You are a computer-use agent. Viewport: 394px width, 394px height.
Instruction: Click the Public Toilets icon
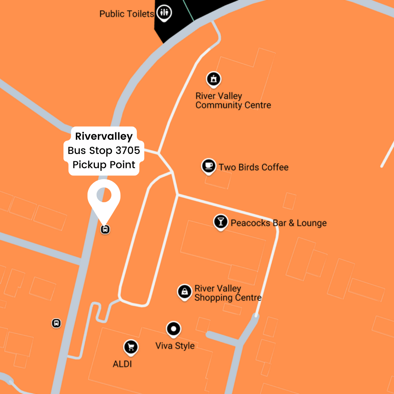point(164,13)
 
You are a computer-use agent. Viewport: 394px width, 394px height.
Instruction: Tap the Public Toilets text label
point(127,14)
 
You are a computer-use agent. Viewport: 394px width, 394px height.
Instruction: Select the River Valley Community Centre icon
point(213,79)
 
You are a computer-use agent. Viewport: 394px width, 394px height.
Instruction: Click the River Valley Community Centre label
point(233,101)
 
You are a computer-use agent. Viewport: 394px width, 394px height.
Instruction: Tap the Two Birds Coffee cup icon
point(208,166)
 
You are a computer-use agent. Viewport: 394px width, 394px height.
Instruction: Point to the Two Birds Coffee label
point(254,167)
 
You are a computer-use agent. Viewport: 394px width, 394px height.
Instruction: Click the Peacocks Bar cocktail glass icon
point(220,221)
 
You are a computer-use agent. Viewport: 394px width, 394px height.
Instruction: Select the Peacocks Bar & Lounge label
point(278,223)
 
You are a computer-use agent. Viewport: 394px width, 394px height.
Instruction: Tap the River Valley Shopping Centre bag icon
point(185,291)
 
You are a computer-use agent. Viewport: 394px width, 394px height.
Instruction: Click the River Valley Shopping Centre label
point(228,293)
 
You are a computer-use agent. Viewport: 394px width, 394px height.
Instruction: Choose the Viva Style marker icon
point(174,329)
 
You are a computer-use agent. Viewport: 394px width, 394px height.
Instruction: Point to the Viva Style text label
point(175,346)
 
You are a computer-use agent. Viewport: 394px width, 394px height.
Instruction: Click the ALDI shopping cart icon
point(131,347)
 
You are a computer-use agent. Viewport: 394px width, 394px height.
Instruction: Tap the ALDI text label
point(122,364)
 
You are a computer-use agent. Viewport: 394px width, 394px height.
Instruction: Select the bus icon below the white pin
point(105,229)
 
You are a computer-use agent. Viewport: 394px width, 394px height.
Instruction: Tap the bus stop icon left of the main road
point(56,323)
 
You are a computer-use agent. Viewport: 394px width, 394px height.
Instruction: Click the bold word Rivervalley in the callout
point(104,136)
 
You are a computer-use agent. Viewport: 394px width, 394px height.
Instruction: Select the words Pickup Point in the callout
point(104,165)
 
